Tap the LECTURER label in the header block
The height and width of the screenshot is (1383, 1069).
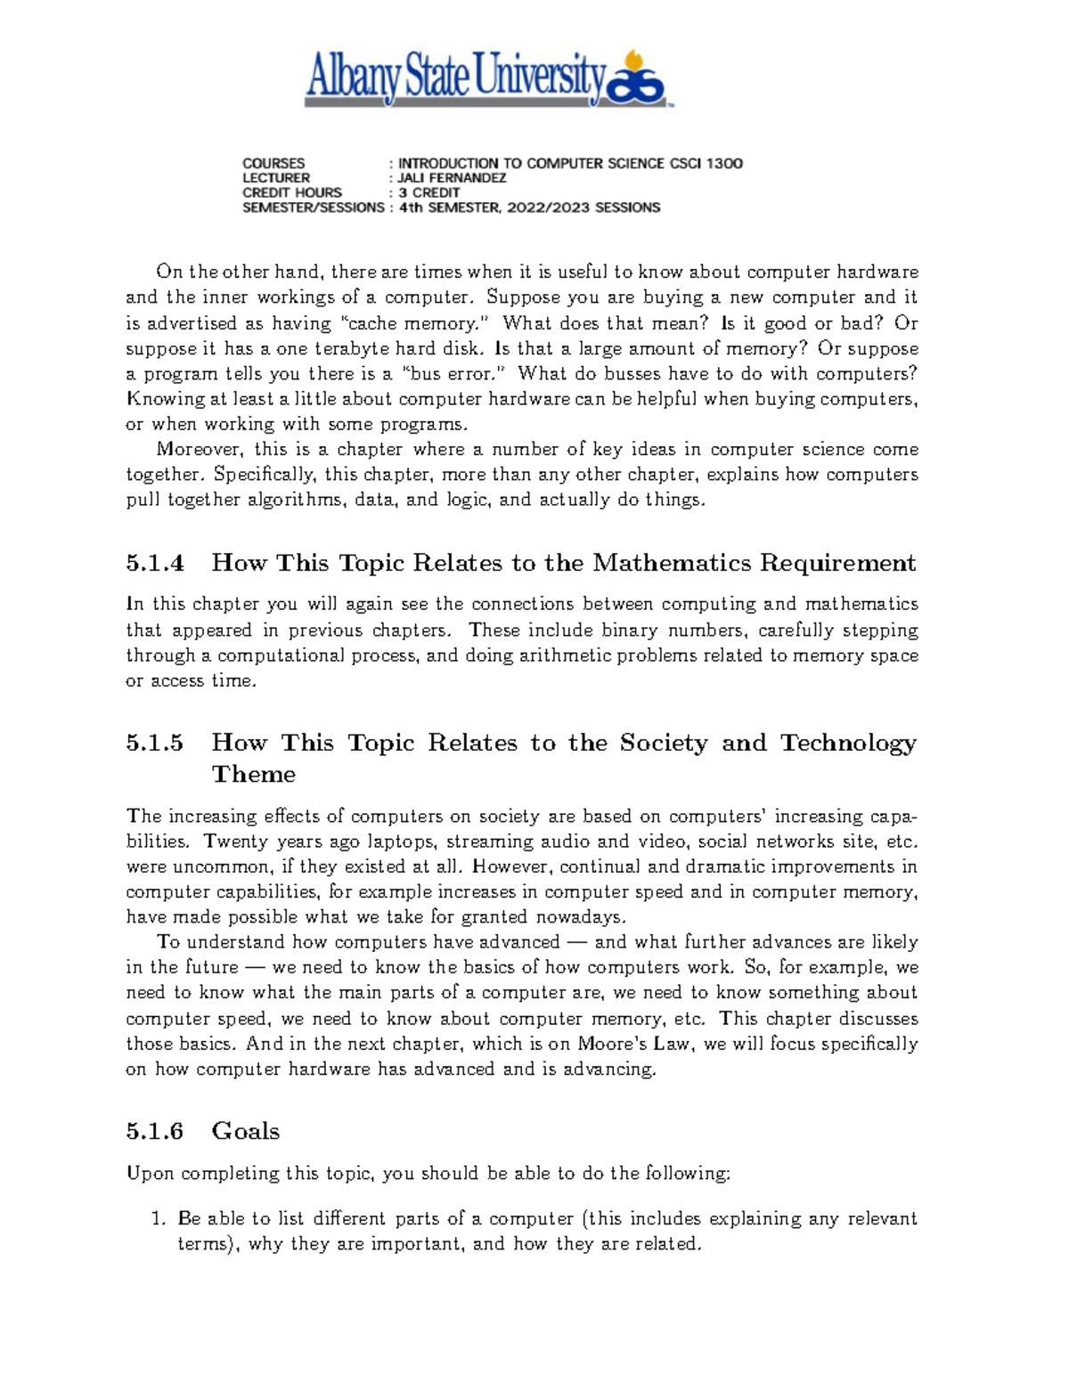click(x=276, y=178)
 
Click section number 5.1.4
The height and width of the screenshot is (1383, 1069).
click(x=155, y=564)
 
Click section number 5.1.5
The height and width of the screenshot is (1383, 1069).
click(x=155, y=744)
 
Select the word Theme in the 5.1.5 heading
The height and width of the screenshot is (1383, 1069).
click(x=253, y=775)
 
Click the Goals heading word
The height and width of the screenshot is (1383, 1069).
click(x=246, y=1132)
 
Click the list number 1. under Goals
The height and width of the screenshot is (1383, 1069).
click(x=159, y=1219)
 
